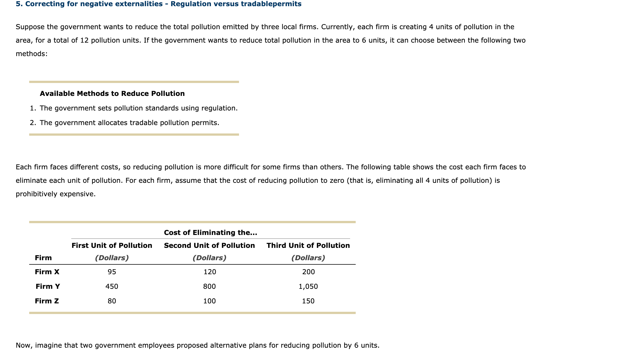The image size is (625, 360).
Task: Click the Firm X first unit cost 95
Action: [x=112, y=272]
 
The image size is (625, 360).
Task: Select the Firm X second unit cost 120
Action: [x=210, y=272]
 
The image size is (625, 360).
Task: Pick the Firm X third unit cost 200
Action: [x=308, y=272]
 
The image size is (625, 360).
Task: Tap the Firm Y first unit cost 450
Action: [x=112, y=286]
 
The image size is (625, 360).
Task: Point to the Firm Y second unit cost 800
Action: [x=210, y=286]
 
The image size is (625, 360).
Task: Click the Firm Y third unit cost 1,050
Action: [x=308, y=286]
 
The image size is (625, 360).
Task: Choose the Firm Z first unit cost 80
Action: [x=112, y=301]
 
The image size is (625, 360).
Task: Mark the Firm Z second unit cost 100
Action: [x=210, y=301]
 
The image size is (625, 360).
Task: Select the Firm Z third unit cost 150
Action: [x=308, y=301]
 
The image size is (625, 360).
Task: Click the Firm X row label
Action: [x=47, y=272]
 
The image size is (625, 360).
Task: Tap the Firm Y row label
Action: [x=48, y=286]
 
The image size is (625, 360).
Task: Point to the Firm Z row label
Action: [x=47, y=301]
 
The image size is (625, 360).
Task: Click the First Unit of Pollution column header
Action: [x=112, y=245]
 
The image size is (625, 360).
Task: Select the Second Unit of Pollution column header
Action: [x=210, y=245]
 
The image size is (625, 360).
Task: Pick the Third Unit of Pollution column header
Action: [x=308, y=245]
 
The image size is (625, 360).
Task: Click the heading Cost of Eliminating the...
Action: [x=210, y=232]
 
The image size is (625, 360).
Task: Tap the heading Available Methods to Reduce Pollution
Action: [x=112, y=93]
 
